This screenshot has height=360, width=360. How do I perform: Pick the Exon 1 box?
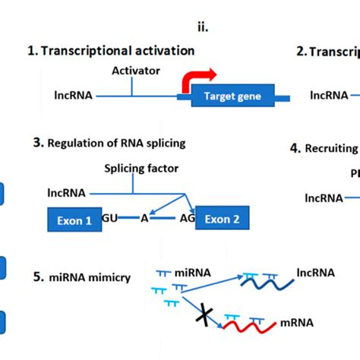tap(74, 221)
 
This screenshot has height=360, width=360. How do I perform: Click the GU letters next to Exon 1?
tap(109, 219)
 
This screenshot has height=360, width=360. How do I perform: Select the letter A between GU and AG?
tap(144, 219)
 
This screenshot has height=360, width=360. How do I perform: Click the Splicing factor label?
tap(135, 168)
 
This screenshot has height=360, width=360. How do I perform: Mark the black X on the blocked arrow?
tap(204, 312)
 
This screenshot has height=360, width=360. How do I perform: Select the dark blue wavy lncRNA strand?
tap(267, 282)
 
